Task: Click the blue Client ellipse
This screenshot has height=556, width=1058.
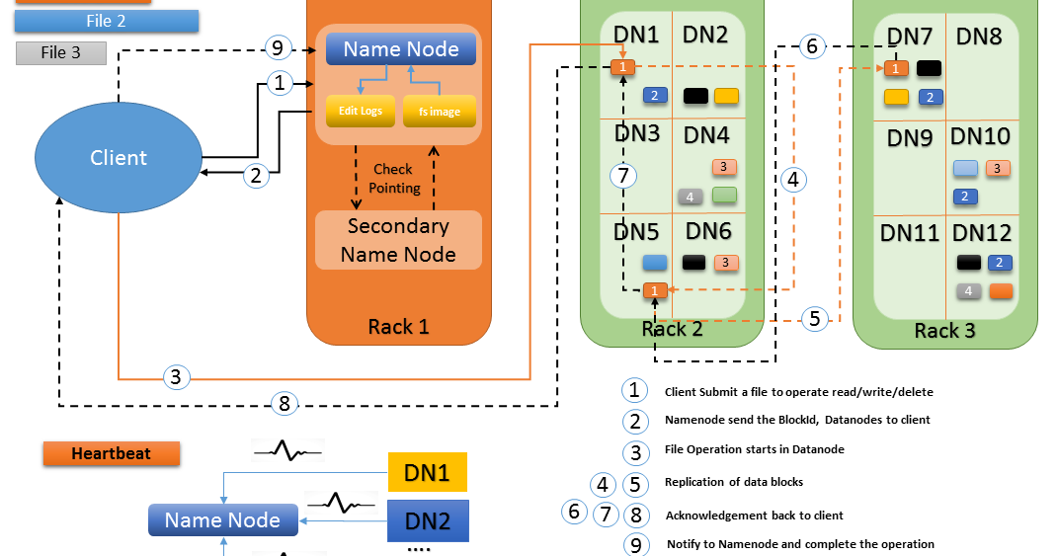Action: point(119,158)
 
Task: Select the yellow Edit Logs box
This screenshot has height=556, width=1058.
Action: point(361,111)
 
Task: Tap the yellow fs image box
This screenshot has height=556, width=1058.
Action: point(439,112)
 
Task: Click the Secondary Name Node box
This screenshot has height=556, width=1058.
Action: point(398,240)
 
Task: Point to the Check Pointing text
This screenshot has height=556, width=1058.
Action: point(395,179)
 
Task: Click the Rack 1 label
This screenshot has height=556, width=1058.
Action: point(398,327)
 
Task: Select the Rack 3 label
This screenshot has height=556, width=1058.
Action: point(944,331)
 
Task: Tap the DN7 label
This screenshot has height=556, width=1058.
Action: point(910,38)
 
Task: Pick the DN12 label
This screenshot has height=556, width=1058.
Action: point(981,233)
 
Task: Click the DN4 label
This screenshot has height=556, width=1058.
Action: point(707,134)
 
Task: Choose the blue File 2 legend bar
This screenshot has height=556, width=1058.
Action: point(107,21)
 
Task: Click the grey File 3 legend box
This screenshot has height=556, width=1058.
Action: point(61,53)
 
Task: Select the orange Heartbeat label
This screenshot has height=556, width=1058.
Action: point(111,454)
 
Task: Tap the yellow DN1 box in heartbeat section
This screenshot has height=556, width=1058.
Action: point(427,473)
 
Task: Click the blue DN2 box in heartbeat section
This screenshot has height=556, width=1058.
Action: point(427,520)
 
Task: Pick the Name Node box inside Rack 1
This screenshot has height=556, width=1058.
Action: point(400,49)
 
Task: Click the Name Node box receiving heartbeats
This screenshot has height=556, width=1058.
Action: point(222,520)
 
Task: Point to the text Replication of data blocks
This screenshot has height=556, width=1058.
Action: point(734,483)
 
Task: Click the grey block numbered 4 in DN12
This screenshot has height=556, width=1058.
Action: point(968,291)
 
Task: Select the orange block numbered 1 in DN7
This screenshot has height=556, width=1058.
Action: point(895,68)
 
